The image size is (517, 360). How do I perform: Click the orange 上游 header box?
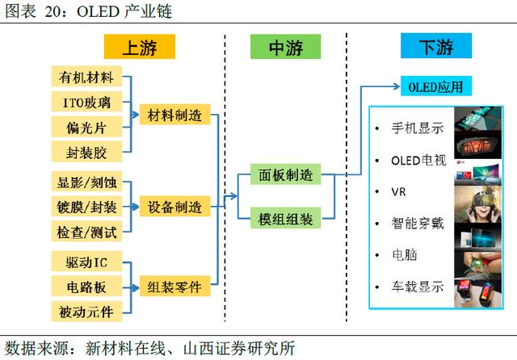(140, 47)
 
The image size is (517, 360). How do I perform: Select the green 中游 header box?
(285, 47)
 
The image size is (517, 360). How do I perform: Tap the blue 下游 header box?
(436, 46)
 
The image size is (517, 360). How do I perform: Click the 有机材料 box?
(86, 76)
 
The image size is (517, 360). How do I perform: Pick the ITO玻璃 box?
(86, 102)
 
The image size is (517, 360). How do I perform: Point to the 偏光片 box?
(86, 127)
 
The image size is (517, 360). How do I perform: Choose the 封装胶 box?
(86, 152)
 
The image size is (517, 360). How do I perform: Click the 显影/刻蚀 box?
(86, 182)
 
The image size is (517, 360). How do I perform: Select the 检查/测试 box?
(86, 232)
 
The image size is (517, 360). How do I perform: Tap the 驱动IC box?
(86, 262)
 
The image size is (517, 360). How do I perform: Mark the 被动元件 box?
(86, 312)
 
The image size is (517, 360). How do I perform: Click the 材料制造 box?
(174, 115)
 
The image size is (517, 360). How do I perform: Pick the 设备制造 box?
(174, 207)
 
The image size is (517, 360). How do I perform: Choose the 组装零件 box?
(174, 287)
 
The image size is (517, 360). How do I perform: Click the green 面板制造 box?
(285, 174)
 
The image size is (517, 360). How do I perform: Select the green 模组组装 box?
(285, 218)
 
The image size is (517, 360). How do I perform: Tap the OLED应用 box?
(436, 86)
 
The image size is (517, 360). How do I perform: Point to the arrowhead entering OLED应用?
(397, 86)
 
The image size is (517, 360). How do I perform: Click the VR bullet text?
(398, 191)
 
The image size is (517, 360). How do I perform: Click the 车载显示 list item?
(418, 287)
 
